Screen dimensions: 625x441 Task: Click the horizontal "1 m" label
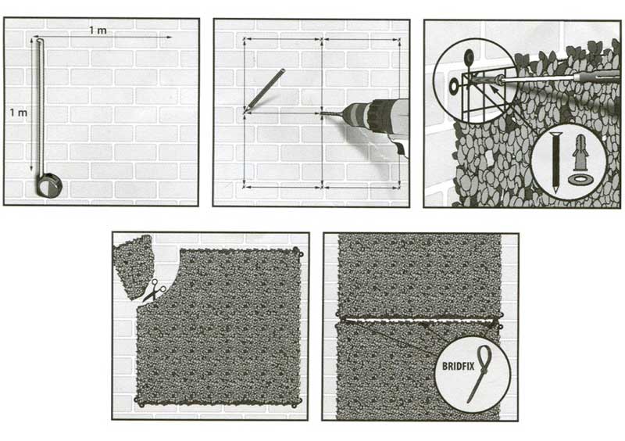(x=97, y=30)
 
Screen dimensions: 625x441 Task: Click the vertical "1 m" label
(x=18, y=113)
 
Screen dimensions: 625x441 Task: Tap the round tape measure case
(x=49, y=185)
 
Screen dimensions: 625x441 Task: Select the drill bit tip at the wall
(x=321, y=113)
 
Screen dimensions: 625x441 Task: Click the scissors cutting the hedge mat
(x=154, y=290)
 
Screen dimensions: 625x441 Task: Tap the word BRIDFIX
(x=459, y=366)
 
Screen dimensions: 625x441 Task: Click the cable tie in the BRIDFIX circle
(x=480, y=374)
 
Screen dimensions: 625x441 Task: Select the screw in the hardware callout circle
(x=555, y=162)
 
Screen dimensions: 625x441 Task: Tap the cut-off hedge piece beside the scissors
(x=134, y=265)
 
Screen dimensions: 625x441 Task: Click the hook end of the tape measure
(x=38, y=40)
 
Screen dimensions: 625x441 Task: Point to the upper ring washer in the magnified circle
(x=468, y=57)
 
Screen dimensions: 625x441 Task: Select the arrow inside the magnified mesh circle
(x=495, y=91)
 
